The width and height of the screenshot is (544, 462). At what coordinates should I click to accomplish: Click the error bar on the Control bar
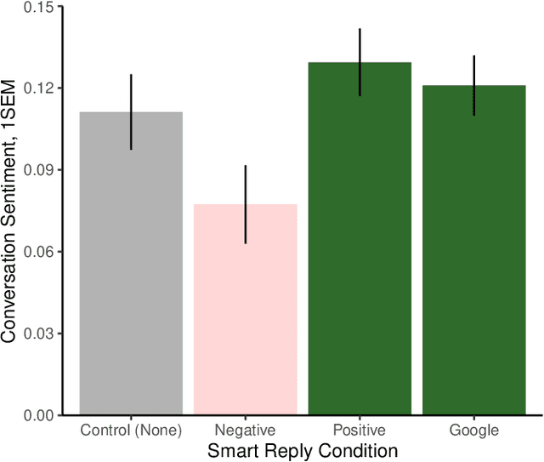tap(131, 111)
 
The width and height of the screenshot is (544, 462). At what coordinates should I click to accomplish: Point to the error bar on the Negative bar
tap(246, 204)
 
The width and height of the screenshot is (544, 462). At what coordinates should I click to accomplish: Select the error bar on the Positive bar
tap(360, 62)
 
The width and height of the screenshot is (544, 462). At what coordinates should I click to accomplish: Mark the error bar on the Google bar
tap(474, 85)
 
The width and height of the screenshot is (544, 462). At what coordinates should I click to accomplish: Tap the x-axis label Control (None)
tap(131, 431)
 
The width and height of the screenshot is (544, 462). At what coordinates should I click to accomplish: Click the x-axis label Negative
tap(246, 431)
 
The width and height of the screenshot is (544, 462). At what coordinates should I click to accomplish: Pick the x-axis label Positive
tap(360, 431)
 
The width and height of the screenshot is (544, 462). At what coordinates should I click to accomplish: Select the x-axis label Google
tap(474, 431)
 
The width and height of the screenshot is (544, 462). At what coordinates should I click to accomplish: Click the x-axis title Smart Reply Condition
tap(303, 450)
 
